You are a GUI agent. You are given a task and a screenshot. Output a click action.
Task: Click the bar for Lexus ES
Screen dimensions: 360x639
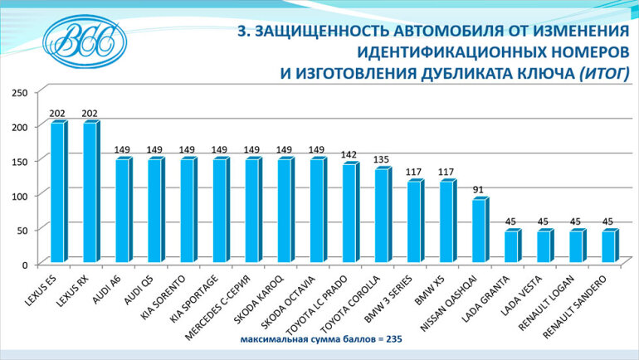58,192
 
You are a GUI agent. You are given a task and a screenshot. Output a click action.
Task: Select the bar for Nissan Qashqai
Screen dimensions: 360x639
479,231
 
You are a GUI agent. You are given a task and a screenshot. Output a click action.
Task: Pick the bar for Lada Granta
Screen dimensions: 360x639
511,246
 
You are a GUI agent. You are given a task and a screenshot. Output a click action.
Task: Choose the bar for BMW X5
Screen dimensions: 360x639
446,221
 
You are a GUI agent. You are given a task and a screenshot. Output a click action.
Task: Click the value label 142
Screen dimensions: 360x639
349,154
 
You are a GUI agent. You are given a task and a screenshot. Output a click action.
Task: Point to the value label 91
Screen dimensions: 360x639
479,189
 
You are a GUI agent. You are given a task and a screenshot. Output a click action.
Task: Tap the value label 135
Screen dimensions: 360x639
382,159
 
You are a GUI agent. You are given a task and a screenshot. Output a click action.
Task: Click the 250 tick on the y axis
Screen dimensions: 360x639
18,92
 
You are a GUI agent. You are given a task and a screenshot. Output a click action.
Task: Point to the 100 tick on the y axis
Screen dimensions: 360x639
18,195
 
